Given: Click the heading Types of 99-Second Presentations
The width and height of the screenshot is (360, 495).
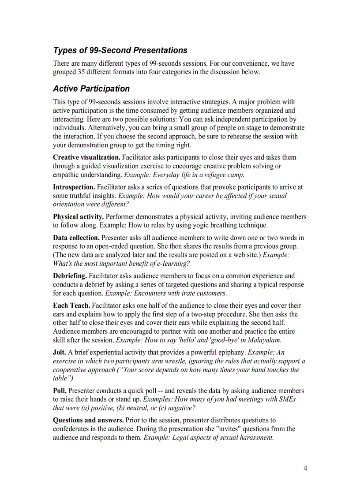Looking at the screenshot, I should [x=120, y=50].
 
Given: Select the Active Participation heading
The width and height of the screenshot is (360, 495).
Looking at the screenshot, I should [x=91, y=89].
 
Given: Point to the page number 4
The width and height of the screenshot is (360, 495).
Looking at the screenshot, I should [x=305, y=468].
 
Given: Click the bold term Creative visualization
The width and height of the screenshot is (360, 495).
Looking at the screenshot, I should [x=86, y=157].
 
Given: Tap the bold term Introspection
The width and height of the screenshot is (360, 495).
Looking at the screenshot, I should [x=74, y=187].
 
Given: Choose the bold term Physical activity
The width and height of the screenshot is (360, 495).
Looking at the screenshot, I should [x=79, y=217].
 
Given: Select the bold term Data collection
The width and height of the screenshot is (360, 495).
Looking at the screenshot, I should [x=76, y=238].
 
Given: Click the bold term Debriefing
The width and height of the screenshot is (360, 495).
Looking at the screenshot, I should [x=70, y=276].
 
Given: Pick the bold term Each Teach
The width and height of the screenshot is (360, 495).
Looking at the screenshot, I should [x=71, y=305].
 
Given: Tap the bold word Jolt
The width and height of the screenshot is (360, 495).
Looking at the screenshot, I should [x=60, y=352].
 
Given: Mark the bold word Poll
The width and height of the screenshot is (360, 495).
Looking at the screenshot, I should [x=60, y=391].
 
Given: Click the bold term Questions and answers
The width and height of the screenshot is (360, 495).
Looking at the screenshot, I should [x=88, y=420].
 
